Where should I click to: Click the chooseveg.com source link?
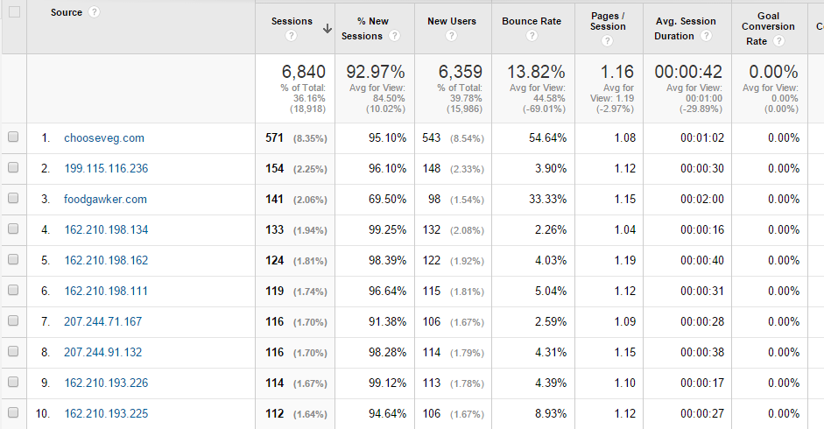pyautogui.click(x=104, y=137)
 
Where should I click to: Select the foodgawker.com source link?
pyautogui.click(x=105, y=199)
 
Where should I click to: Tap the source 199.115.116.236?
pyautogui.click(x=106, y=168)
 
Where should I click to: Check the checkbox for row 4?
pyautogui.click(x=13, y=229)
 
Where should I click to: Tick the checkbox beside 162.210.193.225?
pyautogui.click(x=13, y=413)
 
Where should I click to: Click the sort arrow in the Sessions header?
pyautogui.click(x=327, y=28)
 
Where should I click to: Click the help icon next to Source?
pyautogui.click(x=95, y=12)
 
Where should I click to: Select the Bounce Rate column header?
pyautogui.click(x=532, y=21)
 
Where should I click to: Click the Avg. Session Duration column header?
pyautogui.click(x=687, y=28)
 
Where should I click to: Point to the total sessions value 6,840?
pyautogui.click(x=303, y=72)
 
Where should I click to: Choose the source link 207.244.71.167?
pyautogui.click(x=102, y=321)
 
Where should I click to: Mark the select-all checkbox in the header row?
pyautogui.click(x=14, y=12)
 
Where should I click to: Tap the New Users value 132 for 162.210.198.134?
pyautogui.click(x=432, y=229)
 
